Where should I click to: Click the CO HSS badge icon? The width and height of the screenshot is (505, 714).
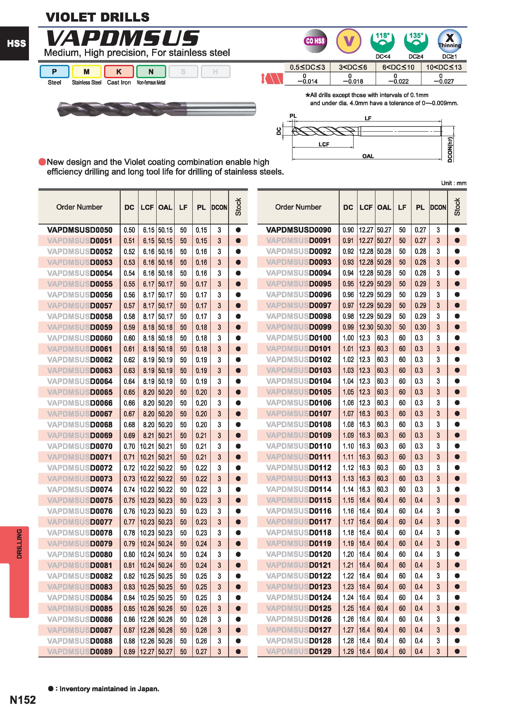tap(315, 41)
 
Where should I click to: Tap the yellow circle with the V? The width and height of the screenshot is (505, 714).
tap(349, 41)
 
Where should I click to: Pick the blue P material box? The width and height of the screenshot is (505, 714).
tap(54, 71)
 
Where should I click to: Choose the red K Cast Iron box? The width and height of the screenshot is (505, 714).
tap(119, 71)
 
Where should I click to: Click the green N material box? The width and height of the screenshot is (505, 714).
tap(151, 71)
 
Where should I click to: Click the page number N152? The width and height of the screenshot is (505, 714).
tap(23, 700)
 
